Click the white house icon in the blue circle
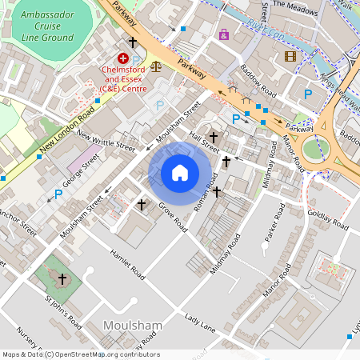click(x=180, y=173)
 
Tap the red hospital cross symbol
click(x=123, y=58)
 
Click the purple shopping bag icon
click(x=223, y=34)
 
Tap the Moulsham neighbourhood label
click(x=134, y=326)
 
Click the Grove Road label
click(x=172, y=217)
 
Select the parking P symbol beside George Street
click(x=58, y=194)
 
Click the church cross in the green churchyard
click(x=62, y=278)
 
